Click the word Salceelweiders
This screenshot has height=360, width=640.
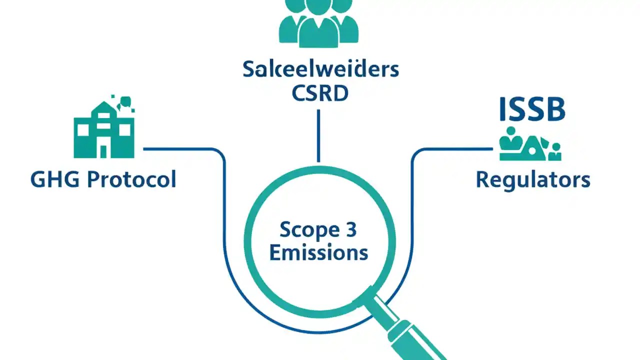(320, 69)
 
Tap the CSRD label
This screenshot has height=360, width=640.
(320, 94)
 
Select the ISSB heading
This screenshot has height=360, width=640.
(532, 110)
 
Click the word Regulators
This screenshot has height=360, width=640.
(532, 179)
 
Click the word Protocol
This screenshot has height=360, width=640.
(131, 179)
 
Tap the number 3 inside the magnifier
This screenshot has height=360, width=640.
(351, 230)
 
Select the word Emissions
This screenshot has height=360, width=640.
(319, 252)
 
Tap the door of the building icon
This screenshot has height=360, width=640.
(103, 150)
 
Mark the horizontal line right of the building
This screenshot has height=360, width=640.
(180, 148)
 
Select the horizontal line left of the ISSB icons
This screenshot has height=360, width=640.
(455, 148)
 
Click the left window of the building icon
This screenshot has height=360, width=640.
(83, 130)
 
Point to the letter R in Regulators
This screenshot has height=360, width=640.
(482, 179)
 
